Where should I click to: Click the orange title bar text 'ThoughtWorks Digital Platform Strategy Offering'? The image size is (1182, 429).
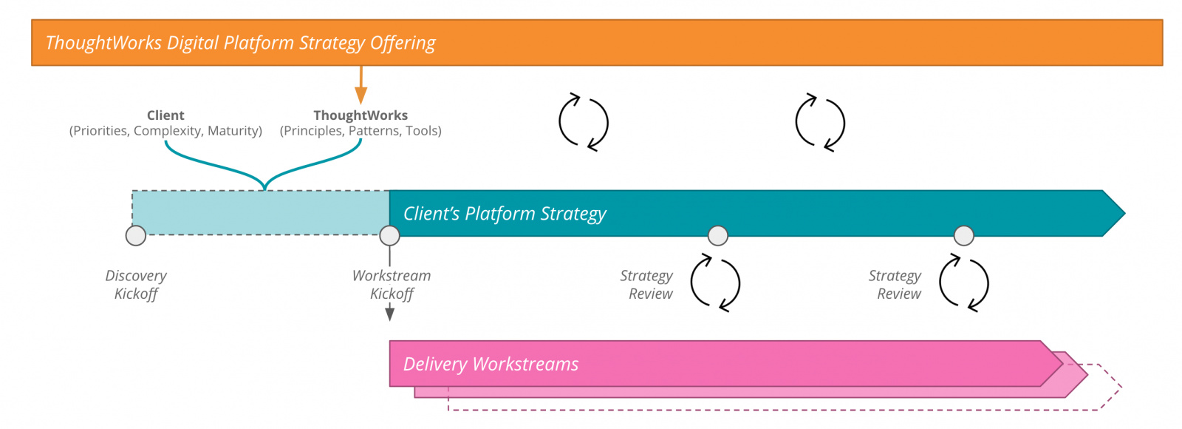240,43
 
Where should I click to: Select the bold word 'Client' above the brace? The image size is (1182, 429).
165,115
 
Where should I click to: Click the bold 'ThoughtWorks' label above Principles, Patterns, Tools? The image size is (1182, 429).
361,115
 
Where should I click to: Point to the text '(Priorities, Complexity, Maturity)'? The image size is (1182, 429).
165,131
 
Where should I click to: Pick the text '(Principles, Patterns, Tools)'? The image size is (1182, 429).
361,131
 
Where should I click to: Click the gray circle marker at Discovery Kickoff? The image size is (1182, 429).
136,235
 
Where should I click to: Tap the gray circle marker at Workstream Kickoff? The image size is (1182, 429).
389,235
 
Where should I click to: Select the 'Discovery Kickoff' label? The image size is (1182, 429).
136,285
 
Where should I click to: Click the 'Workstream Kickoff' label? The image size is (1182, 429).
392,285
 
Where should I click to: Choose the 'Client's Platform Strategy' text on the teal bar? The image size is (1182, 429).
505,214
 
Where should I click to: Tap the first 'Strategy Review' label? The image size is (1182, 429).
647,285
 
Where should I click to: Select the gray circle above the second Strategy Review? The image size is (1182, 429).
963,235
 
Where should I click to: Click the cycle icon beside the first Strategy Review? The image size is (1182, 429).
715,283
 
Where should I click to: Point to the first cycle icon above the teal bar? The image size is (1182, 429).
584,123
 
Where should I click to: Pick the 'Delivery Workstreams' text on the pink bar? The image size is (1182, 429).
491,364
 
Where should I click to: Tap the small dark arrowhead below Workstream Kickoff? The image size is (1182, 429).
389,314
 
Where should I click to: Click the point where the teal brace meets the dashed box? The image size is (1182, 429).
264,189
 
